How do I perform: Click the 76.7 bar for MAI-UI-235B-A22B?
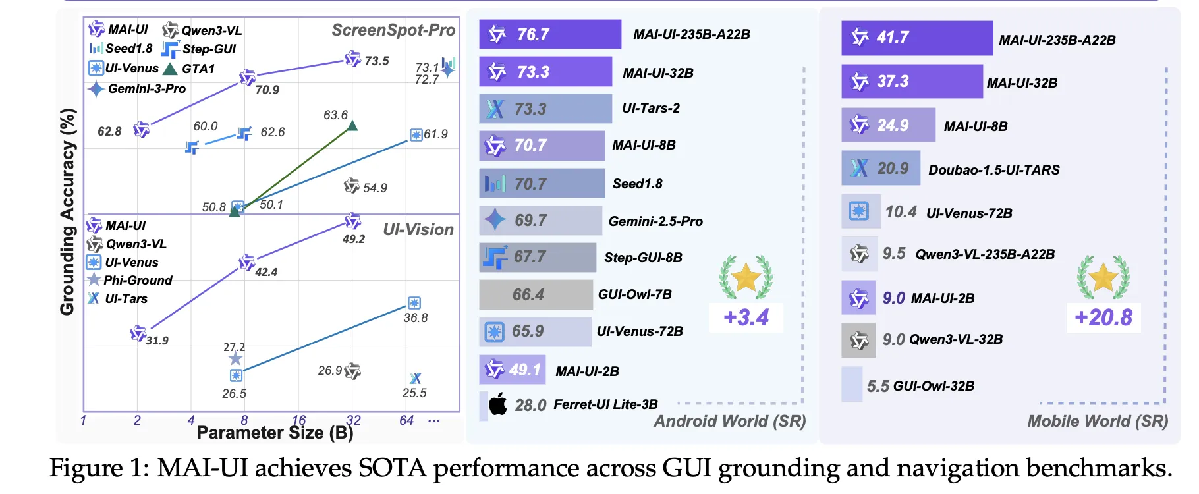click(550, 34)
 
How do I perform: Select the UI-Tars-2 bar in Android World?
click(545, 109)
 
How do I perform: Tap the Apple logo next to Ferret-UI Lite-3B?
click(498, 404)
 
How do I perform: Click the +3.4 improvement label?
click(746, 317)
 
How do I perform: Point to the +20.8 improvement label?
click(1103, 317)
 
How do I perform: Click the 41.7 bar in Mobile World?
click(916, 38)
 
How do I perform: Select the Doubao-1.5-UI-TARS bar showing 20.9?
click(880, 169)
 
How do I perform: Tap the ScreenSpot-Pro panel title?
click(393, 30)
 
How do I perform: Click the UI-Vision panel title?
click(418, 229)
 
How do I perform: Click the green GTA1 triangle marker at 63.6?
click(352, 126)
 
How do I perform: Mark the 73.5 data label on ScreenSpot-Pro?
click(377, 61)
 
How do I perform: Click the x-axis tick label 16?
click(298, 420)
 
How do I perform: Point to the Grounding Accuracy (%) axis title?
click(67, 211)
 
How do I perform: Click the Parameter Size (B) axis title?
click(275, 433)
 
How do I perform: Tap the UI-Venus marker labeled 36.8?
click(414, 303)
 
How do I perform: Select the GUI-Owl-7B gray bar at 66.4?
click(536, 294)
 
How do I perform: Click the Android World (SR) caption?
click(729, 422)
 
